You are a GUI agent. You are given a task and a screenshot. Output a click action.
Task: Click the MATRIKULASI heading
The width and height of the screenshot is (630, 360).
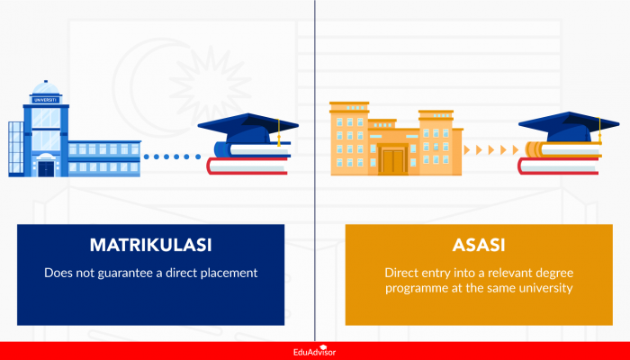point(151,245)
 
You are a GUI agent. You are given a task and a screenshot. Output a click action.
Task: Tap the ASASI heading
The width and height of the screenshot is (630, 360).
point(479,245)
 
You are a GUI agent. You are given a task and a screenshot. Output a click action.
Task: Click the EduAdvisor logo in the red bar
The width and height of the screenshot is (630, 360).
point(314,351)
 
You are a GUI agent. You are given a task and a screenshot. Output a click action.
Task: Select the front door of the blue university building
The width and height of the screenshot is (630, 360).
point(46,167)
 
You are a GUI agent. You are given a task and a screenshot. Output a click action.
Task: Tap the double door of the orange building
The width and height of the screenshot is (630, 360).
point(393,161)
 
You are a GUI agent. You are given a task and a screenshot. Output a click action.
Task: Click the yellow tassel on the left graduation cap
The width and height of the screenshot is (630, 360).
point(279,134)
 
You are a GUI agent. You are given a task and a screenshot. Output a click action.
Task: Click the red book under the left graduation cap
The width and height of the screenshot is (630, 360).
point(247,166)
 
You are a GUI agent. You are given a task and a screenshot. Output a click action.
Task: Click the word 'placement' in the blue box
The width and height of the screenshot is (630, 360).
point(227,272)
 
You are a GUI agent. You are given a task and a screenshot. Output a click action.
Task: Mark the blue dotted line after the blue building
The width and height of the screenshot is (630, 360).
point(174,157)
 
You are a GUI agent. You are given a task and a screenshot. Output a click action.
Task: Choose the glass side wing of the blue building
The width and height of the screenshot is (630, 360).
point(15,148)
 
